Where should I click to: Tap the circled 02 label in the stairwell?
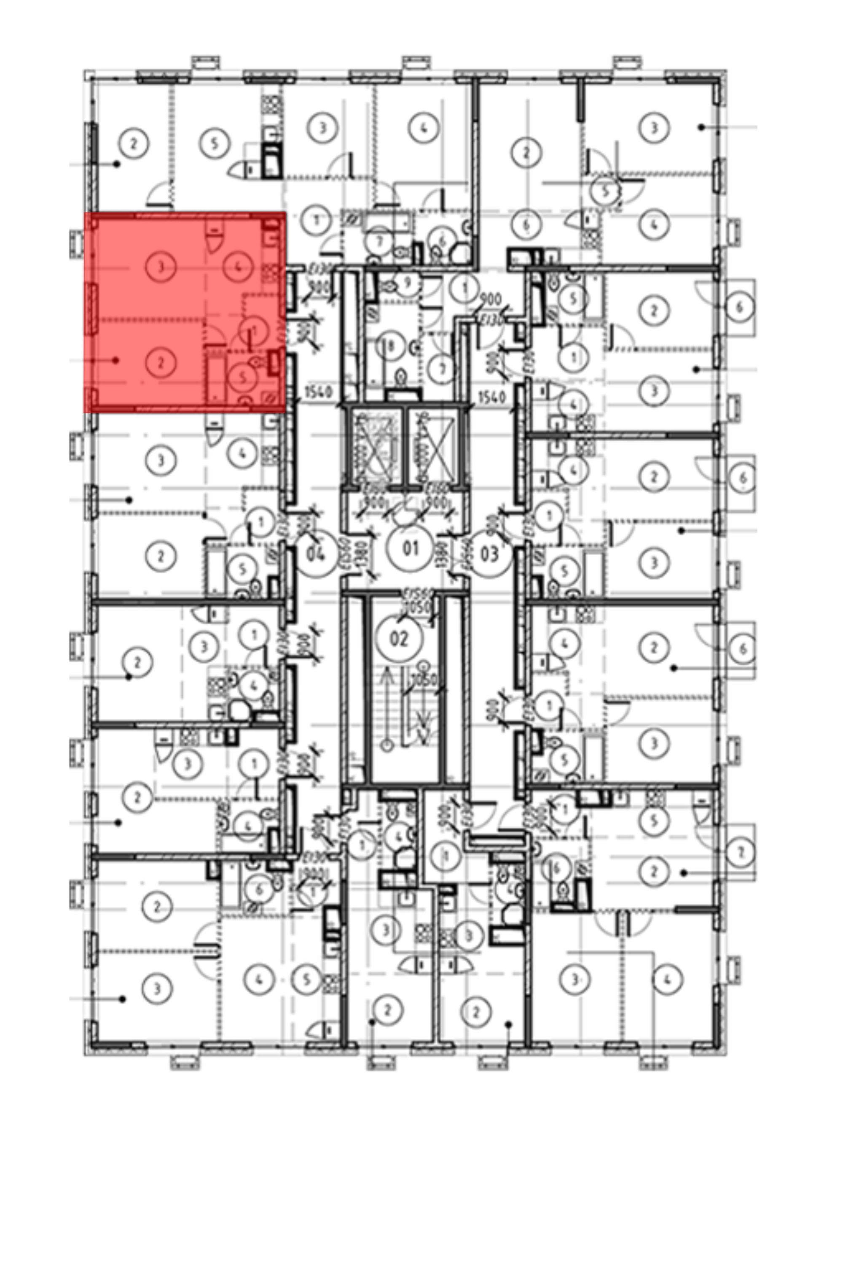click(399, 639)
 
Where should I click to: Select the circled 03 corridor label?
click(489, 553)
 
